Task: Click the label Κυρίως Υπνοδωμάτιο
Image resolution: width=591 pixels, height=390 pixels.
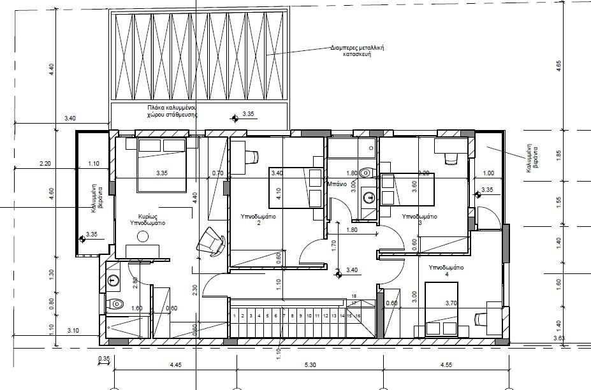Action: point(148,220)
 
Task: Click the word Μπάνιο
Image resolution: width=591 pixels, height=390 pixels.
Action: point(336,184)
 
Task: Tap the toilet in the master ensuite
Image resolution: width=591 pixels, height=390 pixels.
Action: point(115,304)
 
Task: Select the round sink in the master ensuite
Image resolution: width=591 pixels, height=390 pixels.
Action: point(114,279)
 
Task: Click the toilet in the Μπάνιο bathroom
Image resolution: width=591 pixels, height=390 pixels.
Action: point(365,173)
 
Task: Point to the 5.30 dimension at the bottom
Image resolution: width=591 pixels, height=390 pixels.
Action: point(309,365)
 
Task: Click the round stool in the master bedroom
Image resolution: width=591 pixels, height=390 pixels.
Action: point(143,236)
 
